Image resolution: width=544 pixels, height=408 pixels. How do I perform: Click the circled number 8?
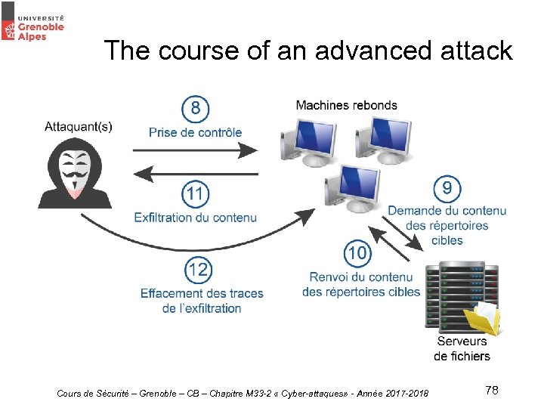(x=196, y=109)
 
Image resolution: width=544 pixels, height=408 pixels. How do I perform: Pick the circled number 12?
(x=199, y=270)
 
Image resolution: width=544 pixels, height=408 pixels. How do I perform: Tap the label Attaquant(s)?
(x=79, y=126)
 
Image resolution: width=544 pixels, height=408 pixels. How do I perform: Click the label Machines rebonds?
(x=346, y=105)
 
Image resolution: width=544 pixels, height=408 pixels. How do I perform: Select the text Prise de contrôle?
(x=195, y=132)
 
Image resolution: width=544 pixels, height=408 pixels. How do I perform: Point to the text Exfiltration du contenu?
(x=195, y=218)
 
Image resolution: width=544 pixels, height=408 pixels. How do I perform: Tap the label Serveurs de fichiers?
(x=462, y=348)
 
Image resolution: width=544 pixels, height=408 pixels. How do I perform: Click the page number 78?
(x=491, y=390)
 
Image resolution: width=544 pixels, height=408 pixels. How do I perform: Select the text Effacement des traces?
(x=202, y=293)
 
